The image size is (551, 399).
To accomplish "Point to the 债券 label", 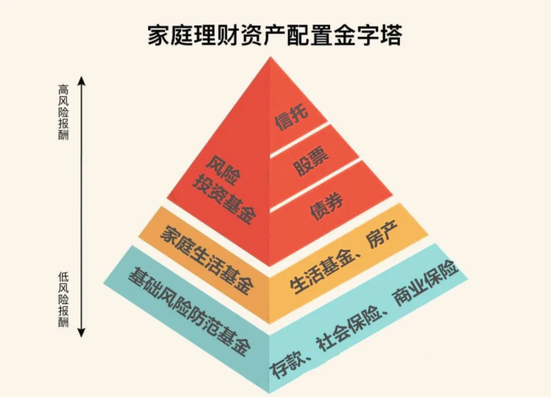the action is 327,203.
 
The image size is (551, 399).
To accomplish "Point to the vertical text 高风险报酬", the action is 64,112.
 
